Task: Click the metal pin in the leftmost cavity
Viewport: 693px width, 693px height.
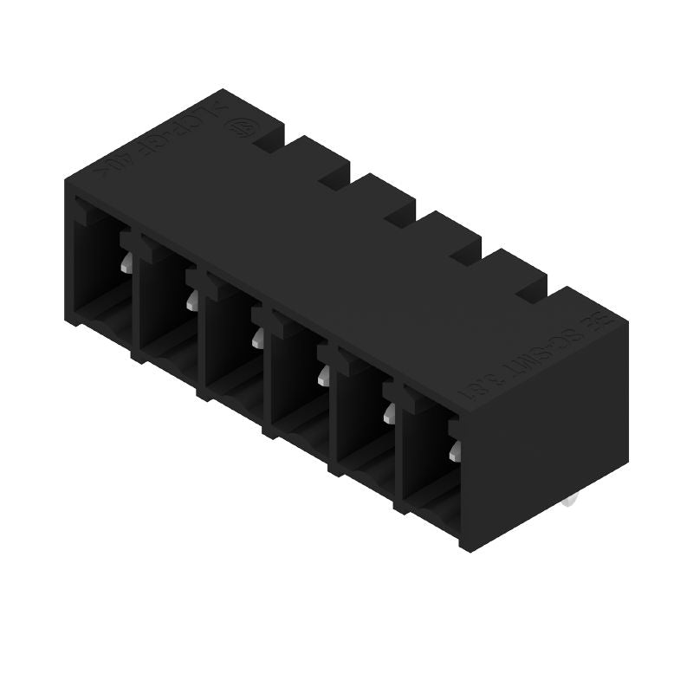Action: tap(126, 263)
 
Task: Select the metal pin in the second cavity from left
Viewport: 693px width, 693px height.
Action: tap(192, 300)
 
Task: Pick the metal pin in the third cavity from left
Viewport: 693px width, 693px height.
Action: tap(257, 337)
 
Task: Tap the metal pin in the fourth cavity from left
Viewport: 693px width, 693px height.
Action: tap(323, 374)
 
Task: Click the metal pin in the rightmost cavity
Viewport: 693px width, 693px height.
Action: tap(454, 450)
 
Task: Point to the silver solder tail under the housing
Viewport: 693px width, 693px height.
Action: tap(569, 501)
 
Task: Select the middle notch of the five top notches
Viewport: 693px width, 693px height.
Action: tap(399, 214)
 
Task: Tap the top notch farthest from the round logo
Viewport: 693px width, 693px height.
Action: tap(530, 289)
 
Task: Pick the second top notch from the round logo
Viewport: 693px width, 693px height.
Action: tap(334, 177)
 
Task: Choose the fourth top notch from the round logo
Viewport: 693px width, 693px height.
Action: tap(465, 252)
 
